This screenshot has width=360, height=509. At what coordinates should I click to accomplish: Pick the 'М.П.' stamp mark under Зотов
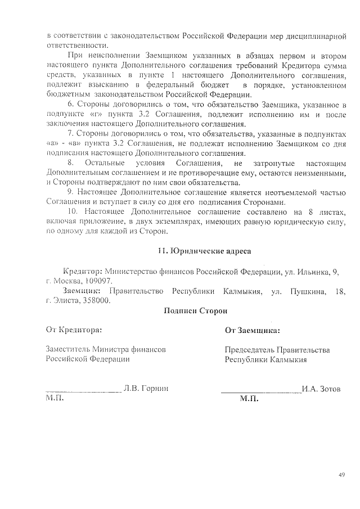pos(248,399)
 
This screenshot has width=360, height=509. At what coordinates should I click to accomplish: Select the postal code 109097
pos(97,281)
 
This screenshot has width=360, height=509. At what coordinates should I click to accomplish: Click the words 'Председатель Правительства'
pos(277,350)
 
